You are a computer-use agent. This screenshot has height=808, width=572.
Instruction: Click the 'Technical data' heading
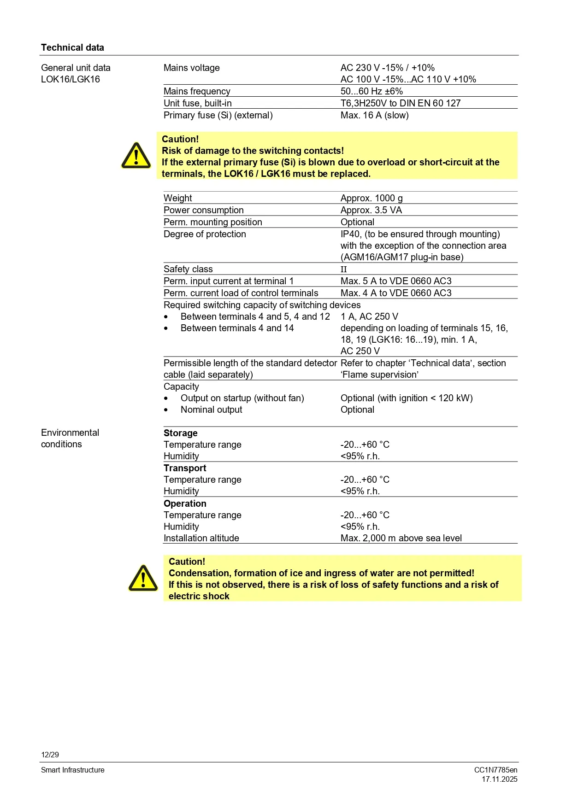point(72,47)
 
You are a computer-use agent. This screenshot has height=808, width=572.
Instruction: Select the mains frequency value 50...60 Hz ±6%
point(372,91)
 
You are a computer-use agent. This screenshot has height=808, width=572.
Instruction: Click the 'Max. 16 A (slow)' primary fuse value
point(374,115)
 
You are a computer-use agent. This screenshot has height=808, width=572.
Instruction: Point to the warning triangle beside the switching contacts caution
point(136,156)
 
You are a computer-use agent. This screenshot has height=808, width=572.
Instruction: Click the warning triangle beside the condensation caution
point(143,578)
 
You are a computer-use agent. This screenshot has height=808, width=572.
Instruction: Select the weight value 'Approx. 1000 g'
point(372,198)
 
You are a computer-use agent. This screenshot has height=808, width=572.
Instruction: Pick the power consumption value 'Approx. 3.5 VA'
point(371,210)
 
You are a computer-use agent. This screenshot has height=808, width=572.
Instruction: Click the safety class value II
point(343,269)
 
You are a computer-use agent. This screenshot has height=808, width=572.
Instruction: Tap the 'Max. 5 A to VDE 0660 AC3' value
point(396,281)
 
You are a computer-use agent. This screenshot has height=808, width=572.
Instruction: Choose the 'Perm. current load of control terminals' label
point(241,293)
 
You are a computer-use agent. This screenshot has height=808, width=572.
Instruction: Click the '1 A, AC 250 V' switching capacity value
point(369,316)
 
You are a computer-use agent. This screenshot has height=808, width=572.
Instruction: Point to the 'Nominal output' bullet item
point(211,410)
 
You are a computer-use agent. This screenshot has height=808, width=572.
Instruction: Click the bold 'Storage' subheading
point(180,433)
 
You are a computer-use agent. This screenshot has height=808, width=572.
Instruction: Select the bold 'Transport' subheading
point(185,468)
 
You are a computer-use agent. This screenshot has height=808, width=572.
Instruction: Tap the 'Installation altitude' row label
point(201,538)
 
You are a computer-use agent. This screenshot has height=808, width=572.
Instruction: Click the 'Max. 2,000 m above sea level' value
point(401,538)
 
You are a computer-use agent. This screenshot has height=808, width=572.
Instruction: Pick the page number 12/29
point(50,755)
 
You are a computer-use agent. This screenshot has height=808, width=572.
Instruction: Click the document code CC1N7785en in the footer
point(495,770)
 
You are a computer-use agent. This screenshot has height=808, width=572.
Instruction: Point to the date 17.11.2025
point(500,779)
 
